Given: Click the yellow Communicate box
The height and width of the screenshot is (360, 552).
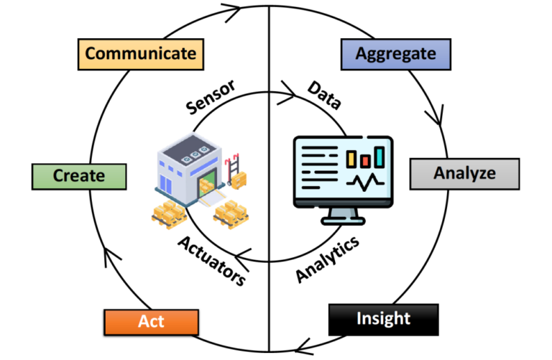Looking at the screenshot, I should pyautogui.click(x=140, y=53).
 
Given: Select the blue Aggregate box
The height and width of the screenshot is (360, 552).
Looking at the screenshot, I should pyautogui.click(x=397, y=53).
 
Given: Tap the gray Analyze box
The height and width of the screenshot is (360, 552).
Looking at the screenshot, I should pyautogui.click(x=464, y=173).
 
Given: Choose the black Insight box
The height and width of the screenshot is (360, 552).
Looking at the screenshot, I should pyautogui.click(x=383, y=318).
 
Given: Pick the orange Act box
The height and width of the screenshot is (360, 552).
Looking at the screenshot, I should pyautogui.click(x=151, y=320).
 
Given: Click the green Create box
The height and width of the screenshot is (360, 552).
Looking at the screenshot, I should pyautogui.click(x=79, y=175).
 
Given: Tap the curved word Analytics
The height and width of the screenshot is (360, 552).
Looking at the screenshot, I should pyautogui.click(x=327, y=259).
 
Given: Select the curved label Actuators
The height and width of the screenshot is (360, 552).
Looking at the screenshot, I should pyautogui.click(x=210, y=258).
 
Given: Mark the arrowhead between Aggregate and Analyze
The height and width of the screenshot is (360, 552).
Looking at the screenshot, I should pyautogui.click(x=435, y=115).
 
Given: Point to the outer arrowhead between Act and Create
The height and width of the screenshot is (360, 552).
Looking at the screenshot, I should pyautogui.click(x=108, y=253).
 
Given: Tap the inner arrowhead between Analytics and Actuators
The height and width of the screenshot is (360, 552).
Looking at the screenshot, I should pyautogui.click(x=245, y=253).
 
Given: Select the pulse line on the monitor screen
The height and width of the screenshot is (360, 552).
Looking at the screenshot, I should pyautogui.click(x=364, y=183).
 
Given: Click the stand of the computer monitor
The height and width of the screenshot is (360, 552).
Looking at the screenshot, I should pyautogui.click(x=343, y=213).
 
